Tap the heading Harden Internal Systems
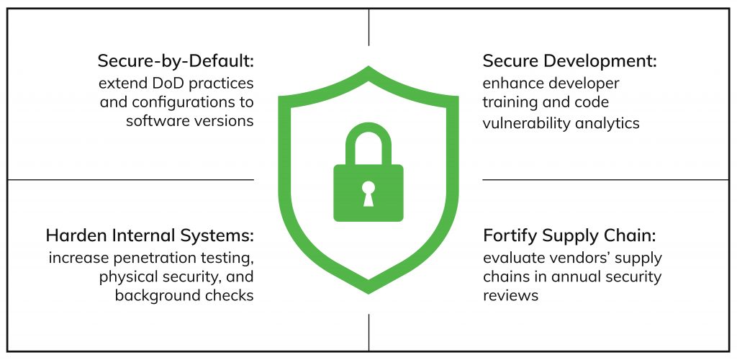point(150,235)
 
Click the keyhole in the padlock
point(368,193)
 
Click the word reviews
point(510,296)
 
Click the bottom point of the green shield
point(368,294)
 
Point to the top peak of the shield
point(368,67)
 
